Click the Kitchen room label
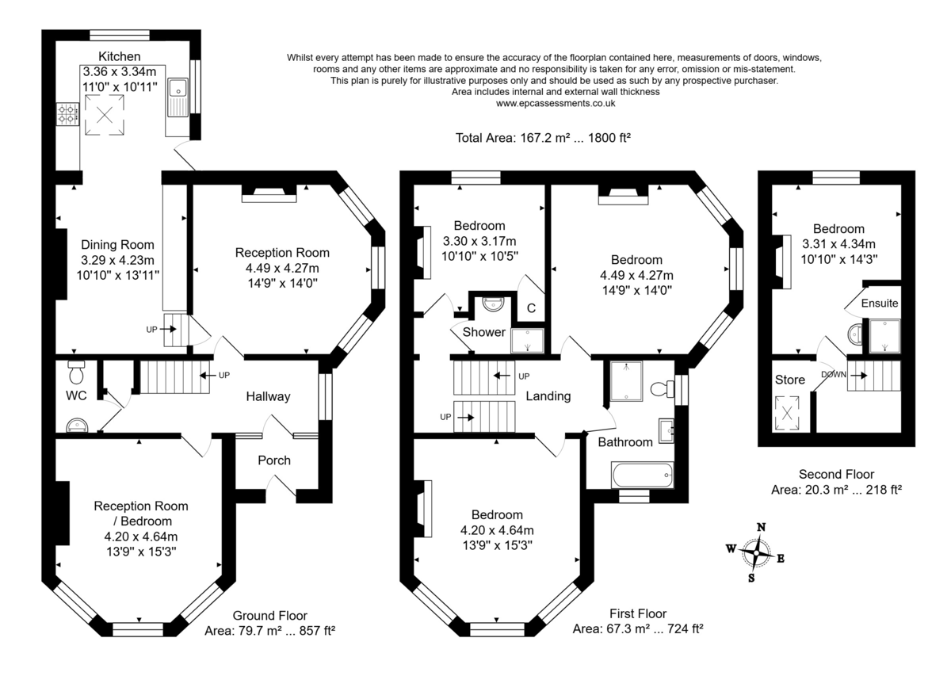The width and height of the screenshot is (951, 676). (120, 56)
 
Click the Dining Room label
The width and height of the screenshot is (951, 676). (117, 245)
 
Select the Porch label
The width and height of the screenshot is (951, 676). (274, 460)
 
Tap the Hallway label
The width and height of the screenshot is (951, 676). (268, 396)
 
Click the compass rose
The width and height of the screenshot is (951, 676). (759, 552)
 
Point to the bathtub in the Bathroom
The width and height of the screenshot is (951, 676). (643, 476)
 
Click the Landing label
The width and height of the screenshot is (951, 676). (548, 396)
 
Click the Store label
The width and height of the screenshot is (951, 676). (790, 380)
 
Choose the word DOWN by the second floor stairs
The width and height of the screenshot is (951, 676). (834, 374)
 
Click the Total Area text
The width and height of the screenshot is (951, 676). (543, 137)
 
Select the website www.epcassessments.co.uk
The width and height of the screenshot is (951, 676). (555, 103)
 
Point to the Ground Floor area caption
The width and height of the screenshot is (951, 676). (269, 623)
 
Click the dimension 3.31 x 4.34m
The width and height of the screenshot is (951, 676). (838, 244)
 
